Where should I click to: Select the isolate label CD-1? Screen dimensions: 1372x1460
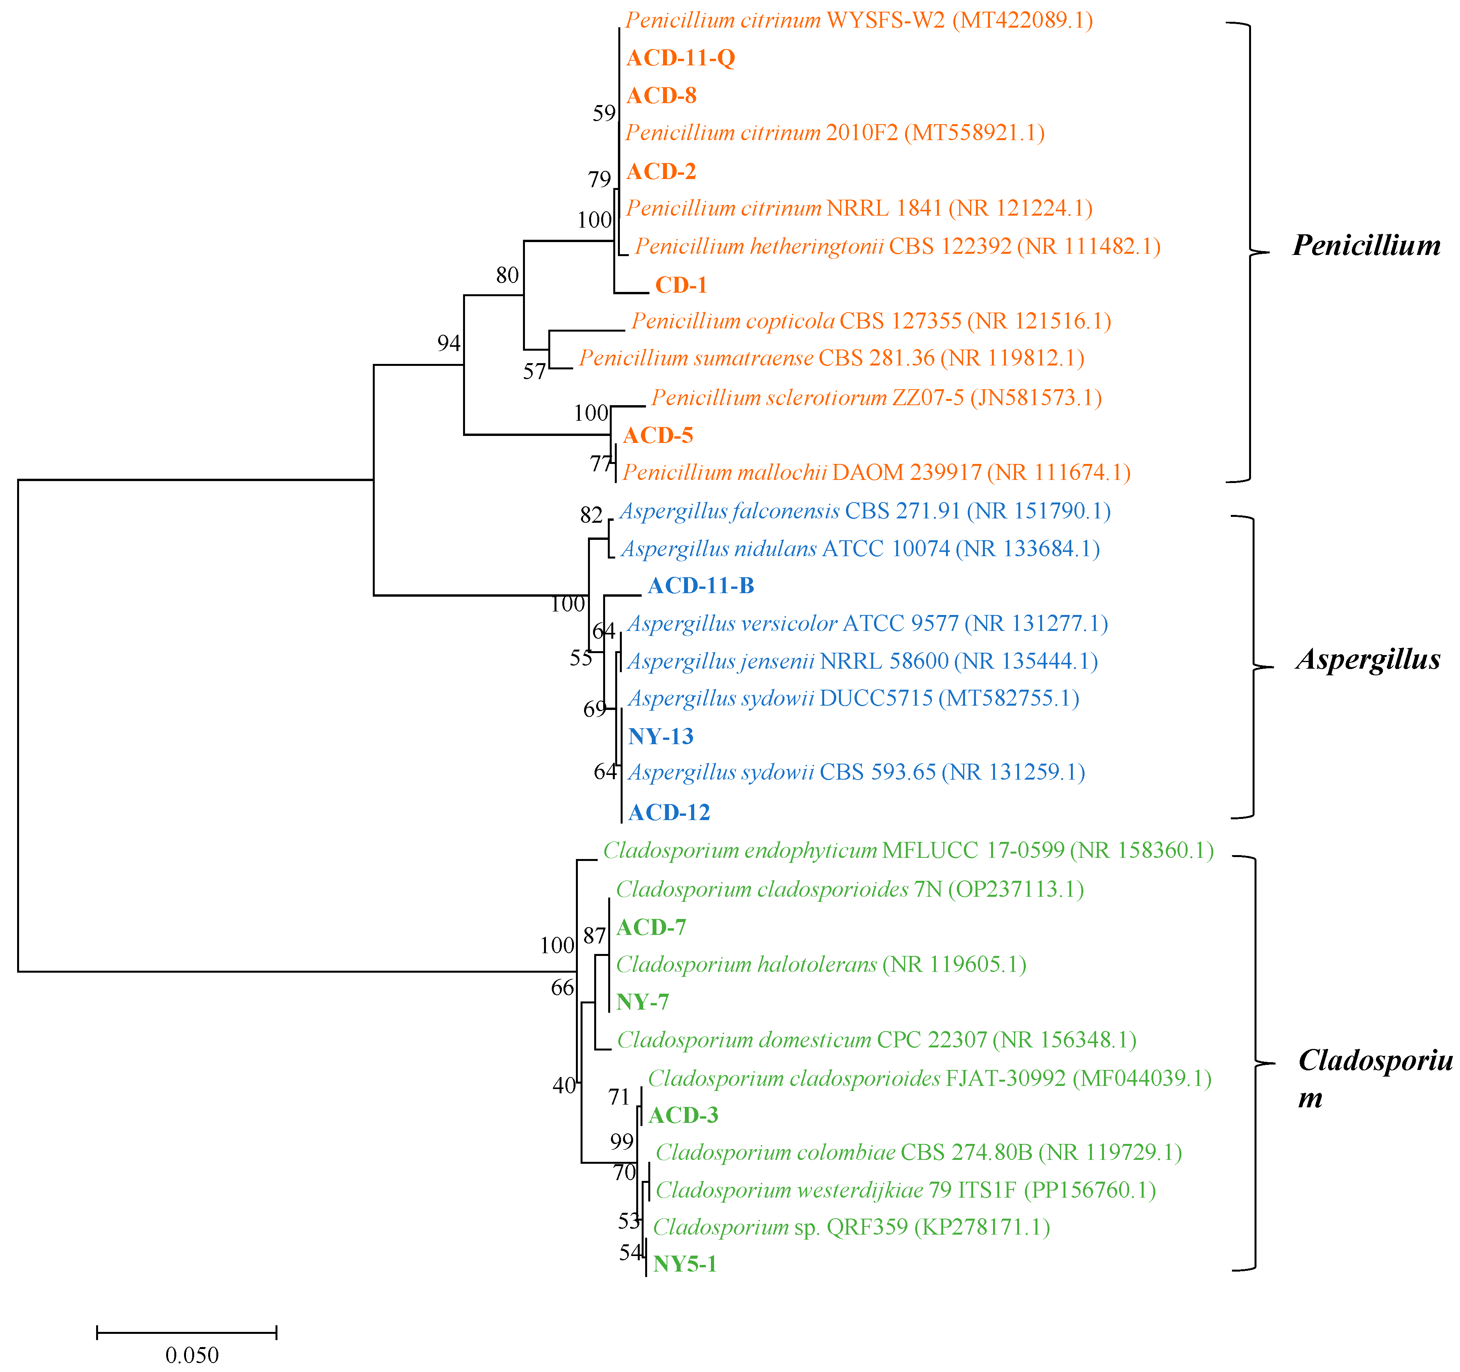(681, 285)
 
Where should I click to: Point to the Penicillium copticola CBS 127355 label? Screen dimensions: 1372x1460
(870, 321)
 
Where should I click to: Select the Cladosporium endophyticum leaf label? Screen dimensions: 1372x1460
(908, 850)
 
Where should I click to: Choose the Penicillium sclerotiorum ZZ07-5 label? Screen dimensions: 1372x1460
(876, 398)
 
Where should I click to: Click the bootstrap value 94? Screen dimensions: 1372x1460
(449, 343)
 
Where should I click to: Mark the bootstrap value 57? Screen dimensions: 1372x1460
(535, 372)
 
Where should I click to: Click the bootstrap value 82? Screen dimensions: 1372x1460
(591, 516)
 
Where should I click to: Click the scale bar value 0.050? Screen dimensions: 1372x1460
(192, 1355)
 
